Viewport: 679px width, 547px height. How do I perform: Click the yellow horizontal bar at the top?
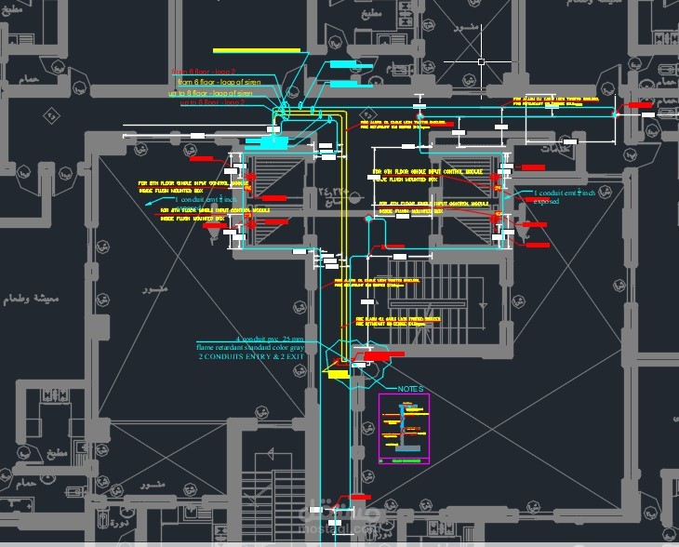click(256, 50)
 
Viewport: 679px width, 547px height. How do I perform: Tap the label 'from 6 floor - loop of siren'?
click(220, 82)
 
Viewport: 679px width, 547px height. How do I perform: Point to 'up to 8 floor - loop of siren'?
click(210, 93)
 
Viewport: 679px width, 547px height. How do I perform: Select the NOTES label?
click(410, 389)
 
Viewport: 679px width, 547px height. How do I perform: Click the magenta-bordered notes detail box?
click(404, 430)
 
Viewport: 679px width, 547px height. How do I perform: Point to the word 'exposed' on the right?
click(546, 201)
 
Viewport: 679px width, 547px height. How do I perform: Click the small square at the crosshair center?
click(481, 62)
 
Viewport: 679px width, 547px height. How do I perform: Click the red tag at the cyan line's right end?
click(639, 106)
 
